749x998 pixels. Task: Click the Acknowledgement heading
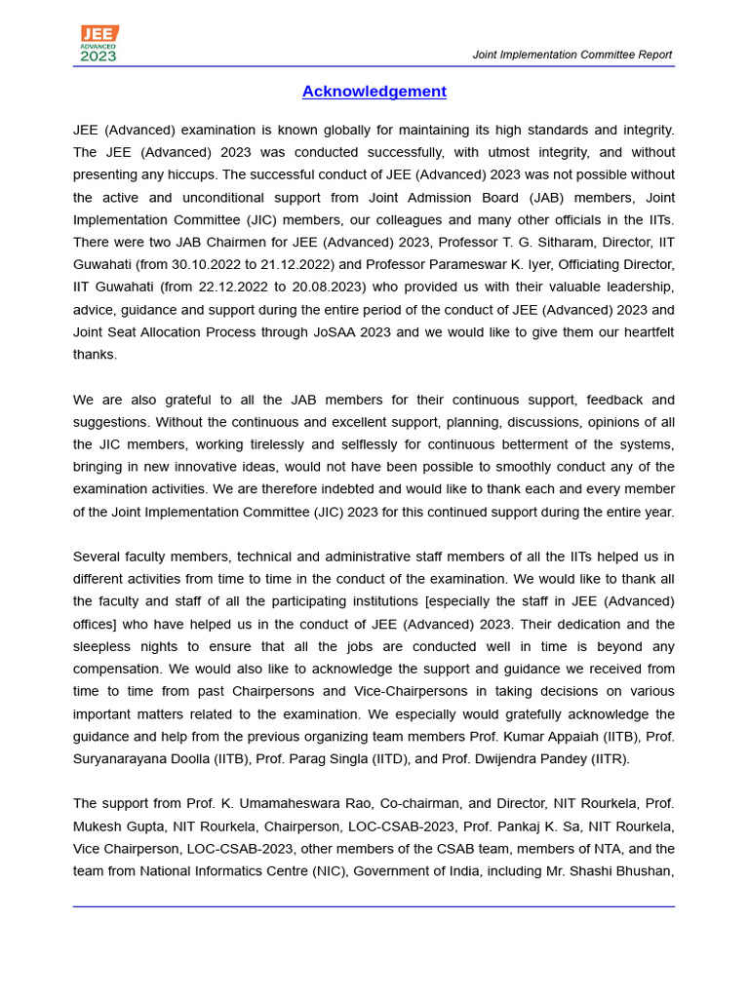coord(374,92)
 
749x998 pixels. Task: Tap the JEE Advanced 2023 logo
coord(99,44)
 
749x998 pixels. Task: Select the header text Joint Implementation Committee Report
coord(572,55)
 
